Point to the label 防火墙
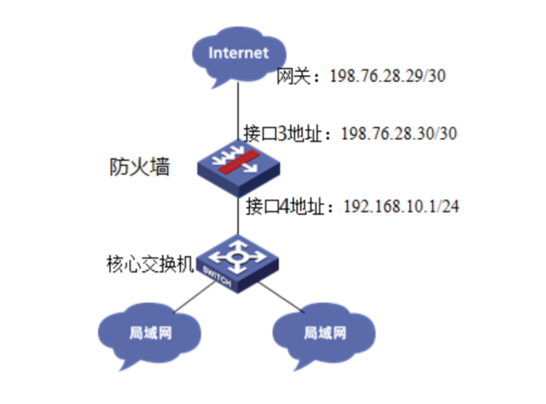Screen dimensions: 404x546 (x=140, y=166)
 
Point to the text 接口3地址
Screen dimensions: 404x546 (x=286, y=133)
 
